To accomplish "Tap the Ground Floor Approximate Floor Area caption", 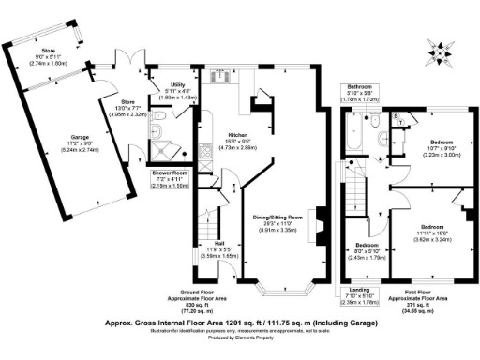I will point(191,301).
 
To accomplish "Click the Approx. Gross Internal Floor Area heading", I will point(241,322).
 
